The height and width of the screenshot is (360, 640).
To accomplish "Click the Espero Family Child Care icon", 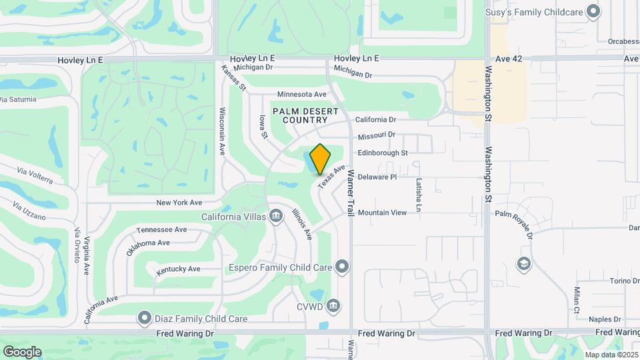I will (342, 267).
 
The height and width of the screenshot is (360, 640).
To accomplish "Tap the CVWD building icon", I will (334, 307).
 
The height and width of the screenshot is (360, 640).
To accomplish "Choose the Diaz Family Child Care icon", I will (143, 319).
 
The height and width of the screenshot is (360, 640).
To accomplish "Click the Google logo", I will (22, 351).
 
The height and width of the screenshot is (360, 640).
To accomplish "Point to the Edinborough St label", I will (383, 153).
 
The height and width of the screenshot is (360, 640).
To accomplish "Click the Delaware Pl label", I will (377, 177).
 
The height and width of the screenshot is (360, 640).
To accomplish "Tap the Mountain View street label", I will (382, 213).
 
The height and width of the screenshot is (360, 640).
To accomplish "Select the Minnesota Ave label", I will (302, 94).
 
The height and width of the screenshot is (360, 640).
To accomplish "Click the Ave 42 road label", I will (508, 59).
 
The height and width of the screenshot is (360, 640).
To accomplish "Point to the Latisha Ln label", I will (419, 195).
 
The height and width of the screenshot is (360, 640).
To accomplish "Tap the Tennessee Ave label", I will (161, 229).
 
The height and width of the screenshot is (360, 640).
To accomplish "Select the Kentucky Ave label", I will (179, 269).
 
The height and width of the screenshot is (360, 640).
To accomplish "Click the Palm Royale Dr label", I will (514, 223).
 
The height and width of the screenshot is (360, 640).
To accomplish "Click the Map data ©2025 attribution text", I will (611, 354).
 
